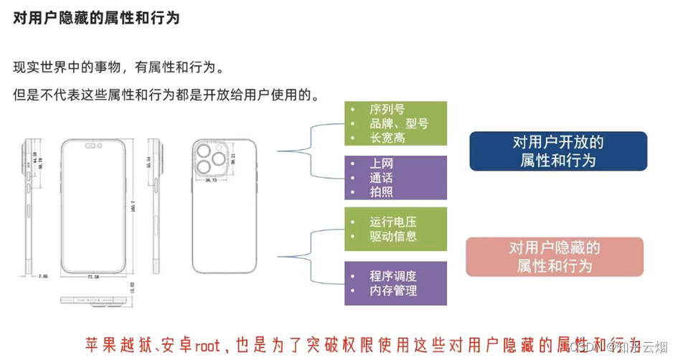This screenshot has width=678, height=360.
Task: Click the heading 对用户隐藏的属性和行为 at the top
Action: (x=96, y=18)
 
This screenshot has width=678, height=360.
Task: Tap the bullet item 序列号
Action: (x=387, y=110)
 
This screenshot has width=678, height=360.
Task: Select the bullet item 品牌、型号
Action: (x=399, y=123)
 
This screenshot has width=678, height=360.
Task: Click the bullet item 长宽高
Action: (x=387, y=138)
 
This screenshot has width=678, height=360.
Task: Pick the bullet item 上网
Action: (x=382, y=164)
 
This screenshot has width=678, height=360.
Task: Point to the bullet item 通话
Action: (x=382, y=178)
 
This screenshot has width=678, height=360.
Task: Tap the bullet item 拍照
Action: (x=382, y=192)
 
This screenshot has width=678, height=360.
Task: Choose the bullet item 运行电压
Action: (x=393, y=222)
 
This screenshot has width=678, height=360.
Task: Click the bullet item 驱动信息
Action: (x=393, y=236)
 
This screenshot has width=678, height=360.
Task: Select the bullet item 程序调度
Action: (x=393, y=276)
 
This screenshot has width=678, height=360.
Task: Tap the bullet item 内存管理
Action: (x=393, y=290)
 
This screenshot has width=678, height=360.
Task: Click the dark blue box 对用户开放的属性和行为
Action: (x=558, y=151)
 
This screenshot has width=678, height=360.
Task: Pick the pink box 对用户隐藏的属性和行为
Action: (x=555, y=257)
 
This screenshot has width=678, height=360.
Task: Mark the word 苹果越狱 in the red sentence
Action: (x=112, y=341)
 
